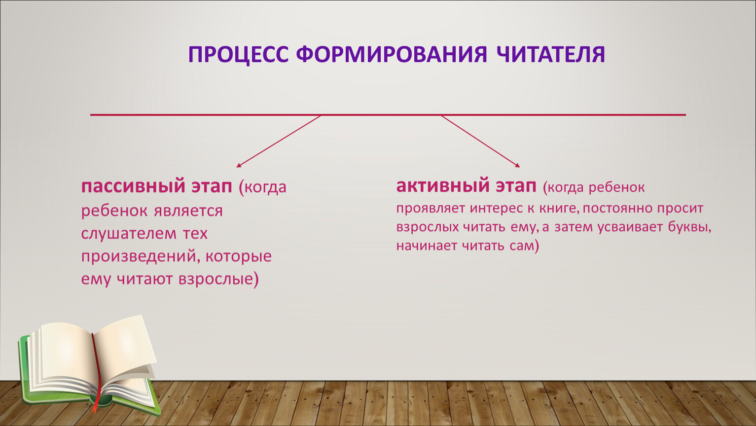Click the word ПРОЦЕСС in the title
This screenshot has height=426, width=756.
coord(239,55)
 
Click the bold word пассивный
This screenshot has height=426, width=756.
coord(133,186)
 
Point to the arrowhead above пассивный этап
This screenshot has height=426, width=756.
coord(239,165)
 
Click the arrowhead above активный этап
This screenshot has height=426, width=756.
coord(517,165)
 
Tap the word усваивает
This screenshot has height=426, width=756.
coord(629,227)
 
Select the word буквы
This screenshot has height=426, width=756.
coord(689,227)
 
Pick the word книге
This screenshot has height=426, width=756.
coord(559,208)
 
